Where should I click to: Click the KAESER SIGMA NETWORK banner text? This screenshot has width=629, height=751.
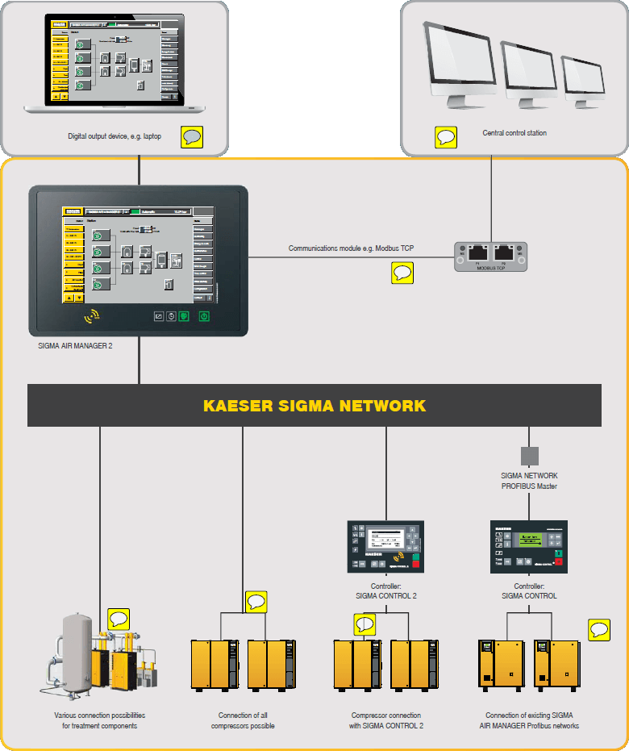[x=314, y=405]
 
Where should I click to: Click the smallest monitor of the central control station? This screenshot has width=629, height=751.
[x=582, y=79]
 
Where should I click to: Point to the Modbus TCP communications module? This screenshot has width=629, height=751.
[x=490, y=256]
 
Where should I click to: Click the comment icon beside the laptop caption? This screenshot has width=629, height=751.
[x=192, y=136]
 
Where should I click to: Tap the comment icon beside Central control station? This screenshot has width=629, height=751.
[x=446, y=136]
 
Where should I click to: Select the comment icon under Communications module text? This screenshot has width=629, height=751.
[x=402, y=273]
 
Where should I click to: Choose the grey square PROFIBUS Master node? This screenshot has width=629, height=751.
[x=529, y=456]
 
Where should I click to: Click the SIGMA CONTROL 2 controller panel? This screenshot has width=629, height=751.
[x=385, y=546]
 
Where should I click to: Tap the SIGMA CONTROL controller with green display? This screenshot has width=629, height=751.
[x=529, y=546]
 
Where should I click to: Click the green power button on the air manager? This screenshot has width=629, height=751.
[x=204, y=316]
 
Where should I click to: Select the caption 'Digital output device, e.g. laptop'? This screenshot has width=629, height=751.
[x=115, y=136]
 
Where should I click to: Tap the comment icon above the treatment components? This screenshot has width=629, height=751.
[x=119, y=619]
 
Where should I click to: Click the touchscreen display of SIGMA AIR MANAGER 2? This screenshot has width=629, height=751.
[x=139, y=254]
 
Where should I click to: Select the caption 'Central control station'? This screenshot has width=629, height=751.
[x=514, y=133]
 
